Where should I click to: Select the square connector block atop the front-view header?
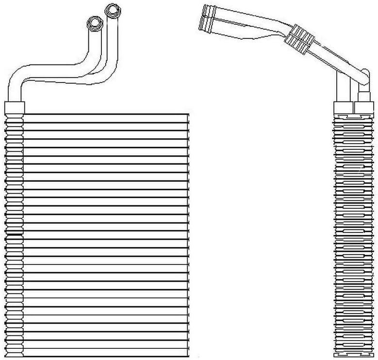click(14, 107)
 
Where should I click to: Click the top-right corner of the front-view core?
click(188, 114)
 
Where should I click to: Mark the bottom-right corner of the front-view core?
click(188, 355)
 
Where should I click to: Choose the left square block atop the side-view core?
click(343, 108)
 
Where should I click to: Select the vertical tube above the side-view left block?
click(343, 87)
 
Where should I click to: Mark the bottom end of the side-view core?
click(353, 356)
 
